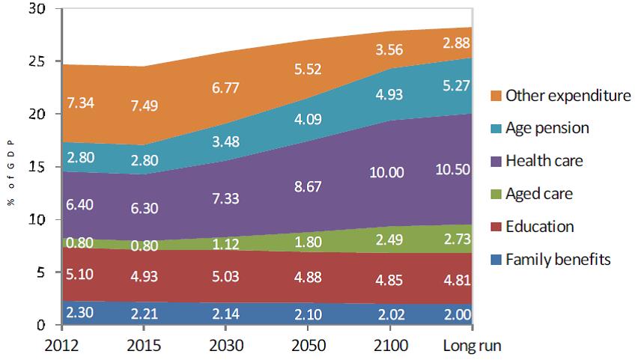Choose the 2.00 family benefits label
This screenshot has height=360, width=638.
pyautogui.click(x=456, y=314)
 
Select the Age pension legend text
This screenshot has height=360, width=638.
pyautogui.click(x=547, y=128)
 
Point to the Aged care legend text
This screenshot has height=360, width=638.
pyautogui.click(x=539, y=194)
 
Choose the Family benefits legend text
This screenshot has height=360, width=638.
pyautogui.click(x=558, y=260)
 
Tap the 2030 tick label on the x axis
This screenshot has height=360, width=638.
pyautogui.click(x=227, y=347)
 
